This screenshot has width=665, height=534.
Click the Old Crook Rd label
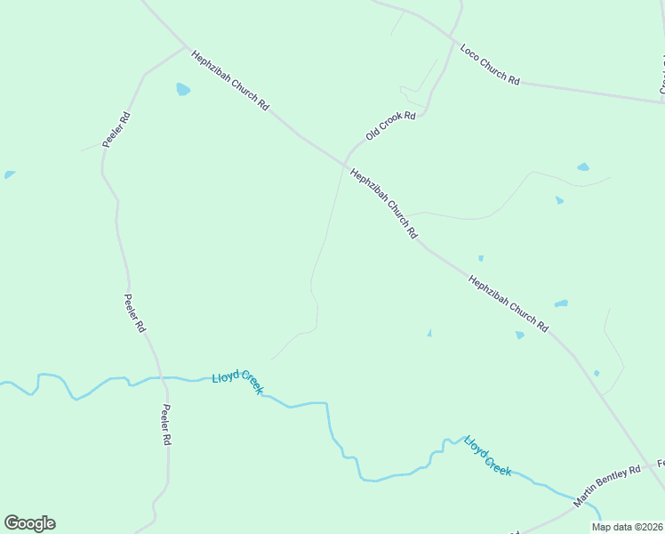(x=390, y=126)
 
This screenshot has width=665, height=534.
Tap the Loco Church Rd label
(x=490, y=63)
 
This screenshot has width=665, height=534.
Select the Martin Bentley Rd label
(x=607, y=486)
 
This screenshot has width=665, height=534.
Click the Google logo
(x=29, y=523)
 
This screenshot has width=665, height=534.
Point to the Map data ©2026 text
(x=627, y=527)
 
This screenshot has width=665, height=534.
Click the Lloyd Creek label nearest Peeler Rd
(x=237, y=384)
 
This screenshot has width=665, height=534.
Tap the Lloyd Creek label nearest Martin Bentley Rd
(x=487, y=455)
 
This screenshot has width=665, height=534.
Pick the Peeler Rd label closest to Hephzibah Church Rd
(x=116, y=129)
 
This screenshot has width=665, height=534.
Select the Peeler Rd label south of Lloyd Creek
(x=165, y=425)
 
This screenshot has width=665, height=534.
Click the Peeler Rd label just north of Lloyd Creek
(x=134, y=313)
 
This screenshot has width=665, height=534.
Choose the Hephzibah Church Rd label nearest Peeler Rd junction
(x=229, y=79)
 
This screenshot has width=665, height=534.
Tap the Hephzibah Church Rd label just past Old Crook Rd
(x=384, y=204)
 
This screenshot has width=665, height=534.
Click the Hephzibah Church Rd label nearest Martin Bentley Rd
(x=508, y=303)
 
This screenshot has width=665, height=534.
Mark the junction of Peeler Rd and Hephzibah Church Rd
(x=186, y=46)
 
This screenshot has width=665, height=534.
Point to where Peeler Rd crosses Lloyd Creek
(x=162, y=377)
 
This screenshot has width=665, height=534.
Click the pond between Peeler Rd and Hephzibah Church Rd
(x=183, y=89)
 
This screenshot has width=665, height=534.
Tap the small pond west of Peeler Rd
(x=9, y=174)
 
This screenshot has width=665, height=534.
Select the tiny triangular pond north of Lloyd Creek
(x=429, y=333)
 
